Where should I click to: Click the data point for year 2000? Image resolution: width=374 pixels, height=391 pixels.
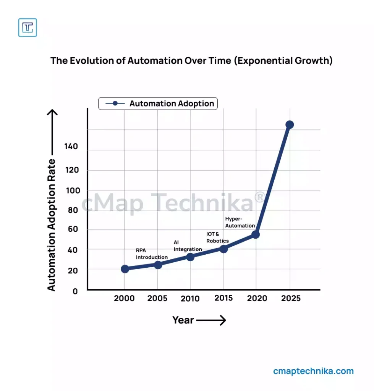(125, 269)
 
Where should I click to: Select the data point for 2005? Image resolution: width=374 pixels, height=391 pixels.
(158, 265)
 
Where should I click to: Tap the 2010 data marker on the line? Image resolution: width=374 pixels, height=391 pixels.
(190, 257)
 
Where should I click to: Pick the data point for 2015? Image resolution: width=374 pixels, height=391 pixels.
(223, 249)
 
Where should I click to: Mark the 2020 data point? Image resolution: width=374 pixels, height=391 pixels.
(256, 234)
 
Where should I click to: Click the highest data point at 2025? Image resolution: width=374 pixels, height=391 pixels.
(290, 124)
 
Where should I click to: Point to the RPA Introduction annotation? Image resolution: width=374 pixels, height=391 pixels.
(152, 254)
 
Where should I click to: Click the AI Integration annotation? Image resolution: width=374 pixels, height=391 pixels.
(188, 246)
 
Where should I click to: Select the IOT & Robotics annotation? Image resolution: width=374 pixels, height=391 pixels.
(217, 237)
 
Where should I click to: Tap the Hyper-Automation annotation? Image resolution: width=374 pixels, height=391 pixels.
(240, 222)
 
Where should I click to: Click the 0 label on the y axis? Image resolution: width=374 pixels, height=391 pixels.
(75, 291)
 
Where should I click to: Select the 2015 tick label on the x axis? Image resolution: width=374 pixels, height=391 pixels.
(223, 298)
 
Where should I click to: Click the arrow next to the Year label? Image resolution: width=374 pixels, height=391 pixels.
(211, 320)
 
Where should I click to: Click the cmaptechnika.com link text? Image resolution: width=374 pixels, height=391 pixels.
(313, 371)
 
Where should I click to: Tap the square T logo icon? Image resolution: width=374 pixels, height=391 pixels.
(28, 27)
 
